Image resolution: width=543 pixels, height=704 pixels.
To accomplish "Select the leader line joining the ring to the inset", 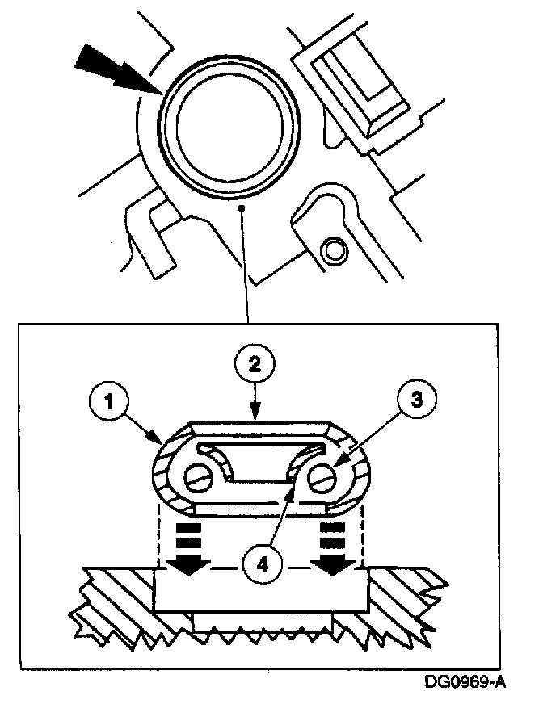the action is tap(243, 266).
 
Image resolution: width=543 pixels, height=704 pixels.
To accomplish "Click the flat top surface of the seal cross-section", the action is tap(259, 425).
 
